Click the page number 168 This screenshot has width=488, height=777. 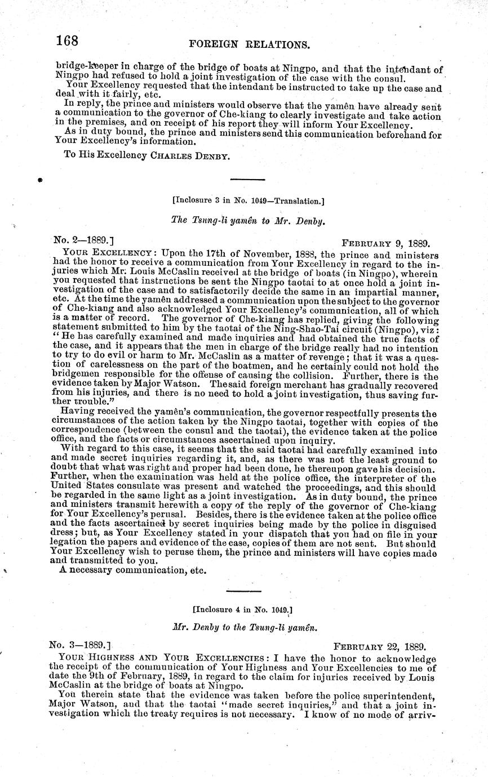(68, 41)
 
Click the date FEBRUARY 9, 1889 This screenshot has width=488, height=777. (386, 244)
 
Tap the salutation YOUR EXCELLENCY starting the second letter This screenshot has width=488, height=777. (107, 253)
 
